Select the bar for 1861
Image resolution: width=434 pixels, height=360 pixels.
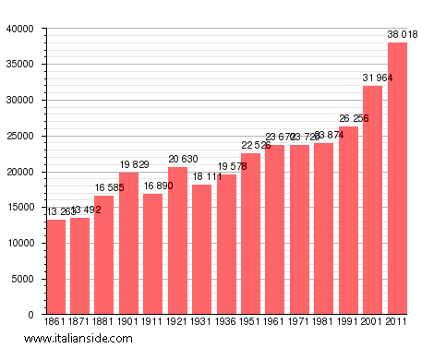pyautogui.click(x=56, y=267)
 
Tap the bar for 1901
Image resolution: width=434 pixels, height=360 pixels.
pyautogui.click(x=129, y=244)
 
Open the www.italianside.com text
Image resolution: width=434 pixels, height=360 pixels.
pyautogui.click(x=78, y=340)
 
